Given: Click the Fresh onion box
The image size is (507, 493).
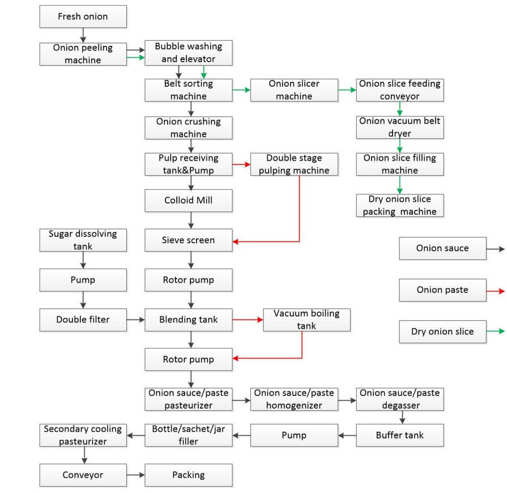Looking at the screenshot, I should click(83, 16).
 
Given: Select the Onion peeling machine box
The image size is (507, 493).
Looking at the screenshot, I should click(83, 54).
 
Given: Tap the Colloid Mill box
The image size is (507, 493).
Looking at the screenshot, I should click(189, 201).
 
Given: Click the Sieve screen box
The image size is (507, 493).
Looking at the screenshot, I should click(189, 240).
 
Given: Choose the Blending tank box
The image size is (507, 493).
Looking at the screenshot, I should click(189, 320).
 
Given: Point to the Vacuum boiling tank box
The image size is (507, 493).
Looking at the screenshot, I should click(306, 320).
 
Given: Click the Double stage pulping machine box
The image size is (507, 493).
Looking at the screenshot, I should click(294, 164).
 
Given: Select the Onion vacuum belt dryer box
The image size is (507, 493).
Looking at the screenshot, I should click(400, 127).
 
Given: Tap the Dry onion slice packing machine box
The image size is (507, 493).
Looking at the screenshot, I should click(400, 205).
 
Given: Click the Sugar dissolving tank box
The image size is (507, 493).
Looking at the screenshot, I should click(83, 240).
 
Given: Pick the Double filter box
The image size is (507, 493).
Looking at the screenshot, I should click(83, 320).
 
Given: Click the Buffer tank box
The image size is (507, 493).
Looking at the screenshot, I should click(400, 435).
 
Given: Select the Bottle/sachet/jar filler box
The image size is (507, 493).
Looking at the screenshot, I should click(189, 435).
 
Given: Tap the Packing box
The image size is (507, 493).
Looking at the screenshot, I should click(189, 475).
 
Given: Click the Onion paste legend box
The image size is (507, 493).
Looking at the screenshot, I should click(442, 290).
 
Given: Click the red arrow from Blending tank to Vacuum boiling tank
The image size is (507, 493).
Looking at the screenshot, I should click(248, 320).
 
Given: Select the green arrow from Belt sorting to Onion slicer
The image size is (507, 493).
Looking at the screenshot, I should click(241, 90).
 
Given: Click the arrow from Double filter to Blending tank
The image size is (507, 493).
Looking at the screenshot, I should click(136, 320).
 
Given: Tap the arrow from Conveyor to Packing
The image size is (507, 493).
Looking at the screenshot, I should click(136, 475).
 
